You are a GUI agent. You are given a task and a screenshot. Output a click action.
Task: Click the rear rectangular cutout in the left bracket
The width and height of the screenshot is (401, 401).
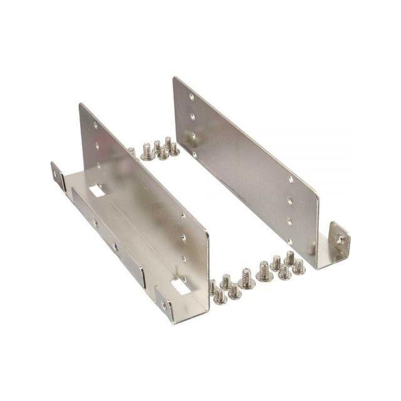pos(97,189)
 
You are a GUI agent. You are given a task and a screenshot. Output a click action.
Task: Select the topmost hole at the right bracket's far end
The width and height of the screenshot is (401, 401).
pos(191,98)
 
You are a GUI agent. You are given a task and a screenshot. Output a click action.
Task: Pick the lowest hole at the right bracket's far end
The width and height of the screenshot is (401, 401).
pos(194,154)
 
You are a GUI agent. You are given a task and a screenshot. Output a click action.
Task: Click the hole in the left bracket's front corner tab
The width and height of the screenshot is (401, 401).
pos(165,306)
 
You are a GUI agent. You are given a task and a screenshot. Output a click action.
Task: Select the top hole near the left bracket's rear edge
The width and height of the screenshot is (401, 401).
pos(96,126)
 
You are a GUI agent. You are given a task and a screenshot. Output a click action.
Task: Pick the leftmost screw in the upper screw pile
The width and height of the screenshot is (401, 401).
pos(147,151)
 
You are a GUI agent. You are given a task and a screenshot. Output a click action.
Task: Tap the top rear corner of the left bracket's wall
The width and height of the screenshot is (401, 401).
pos(81,105)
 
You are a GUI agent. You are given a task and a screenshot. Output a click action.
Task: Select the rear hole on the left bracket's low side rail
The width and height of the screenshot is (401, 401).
pos(95,222)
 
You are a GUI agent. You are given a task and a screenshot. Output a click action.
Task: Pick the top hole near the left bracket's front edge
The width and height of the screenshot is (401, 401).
pos(184,216)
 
